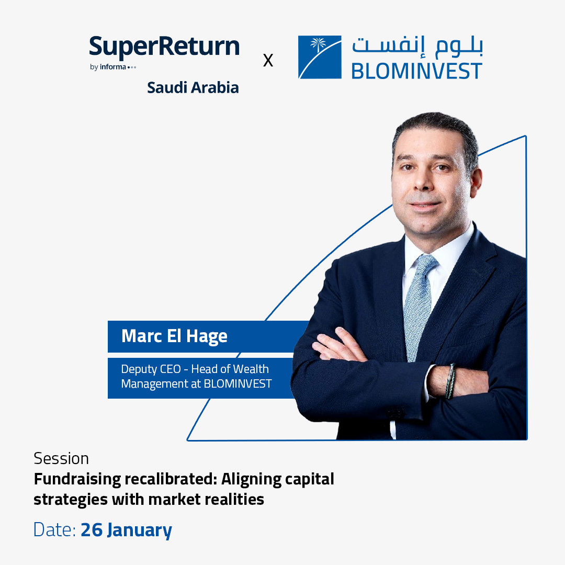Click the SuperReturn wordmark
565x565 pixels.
click(164, 48)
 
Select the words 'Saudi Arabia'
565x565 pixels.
click(193, 87)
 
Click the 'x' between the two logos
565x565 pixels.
click(268, 61)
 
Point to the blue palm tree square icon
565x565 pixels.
click(320, 57)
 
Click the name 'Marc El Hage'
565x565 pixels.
click(174, 336)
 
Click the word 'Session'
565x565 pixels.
click(61, 458)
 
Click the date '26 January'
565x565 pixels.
click(126, 530)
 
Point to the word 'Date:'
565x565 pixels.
click(55, 530)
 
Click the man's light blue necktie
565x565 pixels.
click(418, 303)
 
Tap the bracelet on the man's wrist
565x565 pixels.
click(450, 381)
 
